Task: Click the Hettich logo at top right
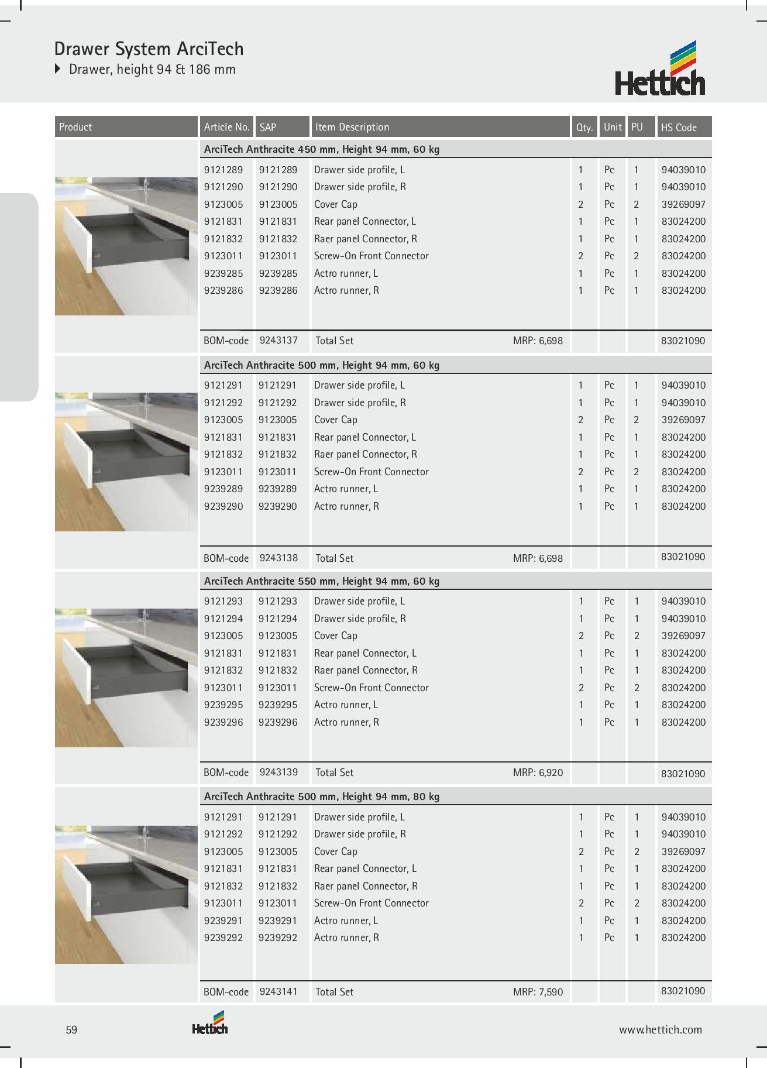tap(659, 69)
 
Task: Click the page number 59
tap(71, 1030)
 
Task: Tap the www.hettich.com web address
tap(661, 1030)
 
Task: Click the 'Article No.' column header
tap(226, 127)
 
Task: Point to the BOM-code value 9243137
tap(278, 340)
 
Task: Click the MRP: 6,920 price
tap(537, 772)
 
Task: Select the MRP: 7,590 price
tap(537, 992)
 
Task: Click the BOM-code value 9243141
tap(278, 991)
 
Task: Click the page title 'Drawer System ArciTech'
tap(149, 49)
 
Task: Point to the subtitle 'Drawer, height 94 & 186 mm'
tap(152, 69)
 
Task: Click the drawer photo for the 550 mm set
tap(126, 678)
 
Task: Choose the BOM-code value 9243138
tap(278, 558)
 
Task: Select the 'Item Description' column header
tap(352, 127)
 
